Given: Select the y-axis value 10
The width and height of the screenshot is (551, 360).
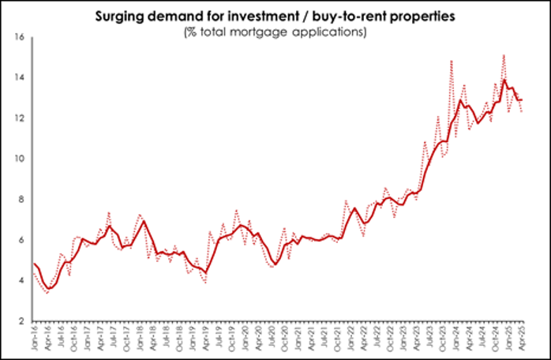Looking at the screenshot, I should pyautogui.click(x=21, y=159).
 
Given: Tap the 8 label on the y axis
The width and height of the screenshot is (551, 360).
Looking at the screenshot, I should pyautogui.click(x=23, y=200).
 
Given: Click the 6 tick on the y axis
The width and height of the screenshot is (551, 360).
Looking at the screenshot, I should pyautogui.click(x=23, y=240).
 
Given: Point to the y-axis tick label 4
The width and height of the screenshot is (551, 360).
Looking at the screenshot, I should pyautogui.click(x=23, y=281).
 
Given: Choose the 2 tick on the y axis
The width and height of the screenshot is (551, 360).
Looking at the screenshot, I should pyautogui.click(x=23, y=321).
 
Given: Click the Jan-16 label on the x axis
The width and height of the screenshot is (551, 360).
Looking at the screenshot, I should pyautogui.click(x=34, y=339).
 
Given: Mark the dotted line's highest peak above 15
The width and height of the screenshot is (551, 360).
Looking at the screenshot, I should pyautogui.click(x=503, y=54).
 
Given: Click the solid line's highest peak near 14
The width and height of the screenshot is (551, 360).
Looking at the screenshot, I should pyautogui.click(x=504, y=80).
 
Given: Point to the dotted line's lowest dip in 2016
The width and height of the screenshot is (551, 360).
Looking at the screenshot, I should pyautogui.click(x=47, y=292).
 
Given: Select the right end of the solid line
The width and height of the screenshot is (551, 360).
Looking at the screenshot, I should pyautogui.click(x=522, y=99).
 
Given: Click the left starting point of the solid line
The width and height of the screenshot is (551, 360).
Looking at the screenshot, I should pyautogui.click(x=34, y=263).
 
